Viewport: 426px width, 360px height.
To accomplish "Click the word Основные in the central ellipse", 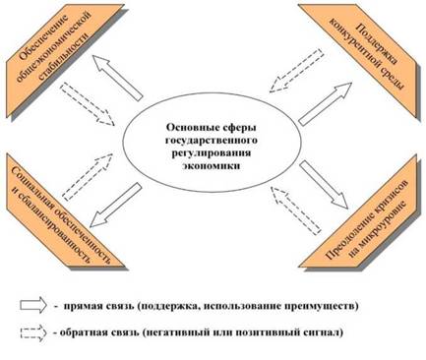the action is (189, 127).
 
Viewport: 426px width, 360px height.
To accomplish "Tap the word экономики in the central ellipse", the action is (212, 166).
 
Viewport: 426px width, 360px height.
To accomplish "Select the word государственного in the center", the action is (212, 141).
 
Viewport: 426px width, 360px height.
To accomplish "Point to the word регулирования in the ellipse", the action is (212, 153).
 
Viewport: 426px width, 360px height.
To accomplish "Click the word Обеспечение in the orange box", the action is (43, 36).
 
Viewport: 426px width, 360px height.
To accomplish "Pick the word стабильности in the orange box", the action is (64, 57).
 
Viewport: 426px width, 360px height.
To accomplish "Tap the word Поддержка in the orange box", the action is (378, 42).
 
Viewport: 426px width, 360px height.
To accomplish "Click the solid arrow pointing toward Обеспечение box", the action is (117, 78).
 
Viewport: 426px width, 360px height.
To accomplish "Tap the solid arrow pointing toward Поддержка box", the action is (326, 103).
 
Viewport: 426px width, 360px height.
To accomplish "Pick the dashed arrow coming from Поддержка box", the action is (296, 71).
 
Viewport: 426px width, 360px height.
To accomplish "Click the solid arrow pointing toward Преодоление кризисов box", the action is (324, 185).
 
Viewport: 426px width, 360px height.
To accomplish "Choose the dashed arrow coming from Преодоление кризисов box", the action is (295, 210).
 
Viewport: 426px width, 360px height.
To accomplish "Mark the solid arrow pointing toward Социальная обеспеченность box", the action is (116, 205).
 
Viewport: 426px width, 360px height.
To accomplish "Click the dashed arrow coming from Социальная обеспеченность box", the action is (88, 177).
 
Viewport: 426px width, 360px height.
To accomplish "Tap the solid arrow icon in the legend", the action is (33, 305).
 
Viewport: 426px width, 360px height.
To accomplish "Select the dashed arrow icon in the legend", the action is (33, 332).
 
